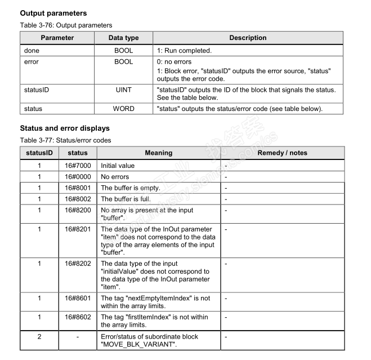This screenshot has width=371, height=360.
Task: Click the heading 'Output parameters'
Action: coord(53,12)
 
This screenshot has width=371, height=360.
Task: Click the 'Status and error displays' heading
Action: coord(65,128)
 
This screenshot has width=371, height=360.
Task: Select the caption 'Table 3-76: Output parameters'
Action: coord(66,25)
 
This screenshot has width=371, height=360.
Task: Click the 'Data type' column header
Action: coord(123,38)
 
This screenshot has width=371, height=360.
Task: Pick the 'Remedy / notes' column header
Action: coord(282,153)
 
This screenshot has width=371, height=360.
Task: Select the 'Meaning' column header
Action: coord(159,153)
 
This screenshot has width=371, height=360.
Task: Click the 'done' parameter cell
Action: coord(32,51)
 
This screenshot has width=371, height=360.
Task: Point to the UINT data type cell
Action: coord(123,90)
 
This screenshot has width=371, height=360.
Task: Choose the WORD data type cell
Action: coord(123,108)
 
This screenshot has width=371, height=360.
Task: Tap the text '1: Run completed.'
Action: coord(184,51)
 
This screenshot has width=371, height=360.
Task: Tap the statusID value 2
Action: coord(39,336)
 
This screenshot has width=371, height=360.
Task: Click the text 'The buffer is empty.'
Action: coord(130,188)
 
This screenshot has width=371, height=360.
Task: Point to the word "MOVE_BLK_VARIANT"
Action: coord(138,344)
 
